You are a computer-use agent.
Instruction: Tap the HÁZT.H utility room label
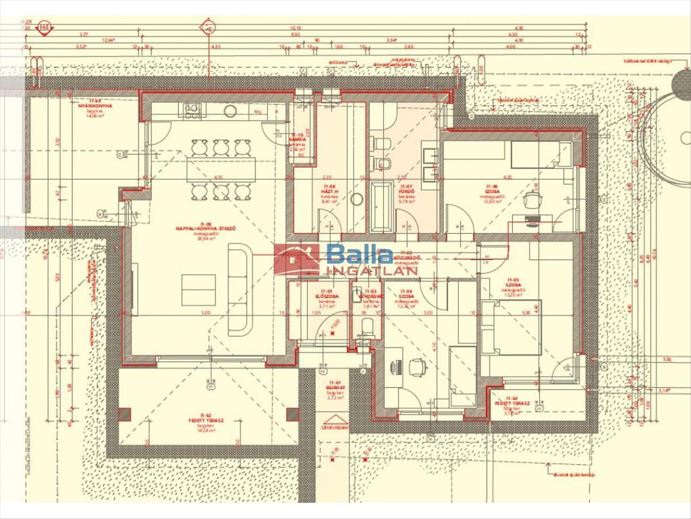(x=329, y=191)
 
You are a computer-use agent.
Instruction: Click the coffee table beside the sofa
(x=199, y=289)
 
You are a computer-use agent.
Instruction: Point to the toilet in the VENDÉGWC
(x=367, y=327)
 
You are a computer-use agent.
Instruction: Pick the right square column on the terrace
(x=293, y=414)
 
